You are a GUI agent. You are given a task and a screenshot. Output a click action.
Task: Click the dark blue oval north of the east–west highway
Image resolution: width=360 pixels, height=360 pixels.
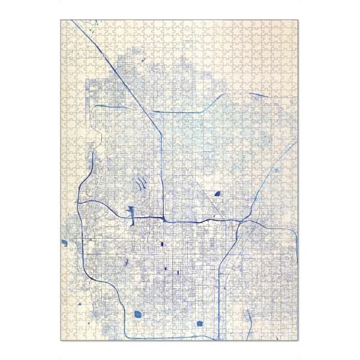(x=217, y=194)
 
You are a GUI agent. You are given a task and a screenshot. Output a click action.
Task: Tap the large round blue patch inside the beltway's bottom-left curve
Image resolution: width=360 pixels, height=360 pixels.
(x=139, y=313)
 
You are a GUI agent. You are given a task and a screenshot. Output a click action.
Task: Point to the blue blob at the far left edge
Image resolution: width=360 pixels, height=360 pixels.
(x=64, y=243)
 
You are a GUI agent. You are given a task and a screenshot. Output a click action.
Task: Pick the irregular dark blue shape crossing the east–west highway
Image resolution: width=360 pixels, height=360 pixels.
(x=130, y=212)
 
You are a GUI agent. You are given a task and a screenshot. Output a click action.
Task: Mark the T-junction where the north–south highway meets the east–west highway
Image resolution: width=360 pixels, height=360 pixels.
(x=164, y=218)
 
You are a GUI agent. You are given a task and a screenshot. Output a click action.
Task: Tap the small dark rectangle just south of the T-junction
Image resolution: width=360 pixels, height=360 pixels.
(x=162, y=244)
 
